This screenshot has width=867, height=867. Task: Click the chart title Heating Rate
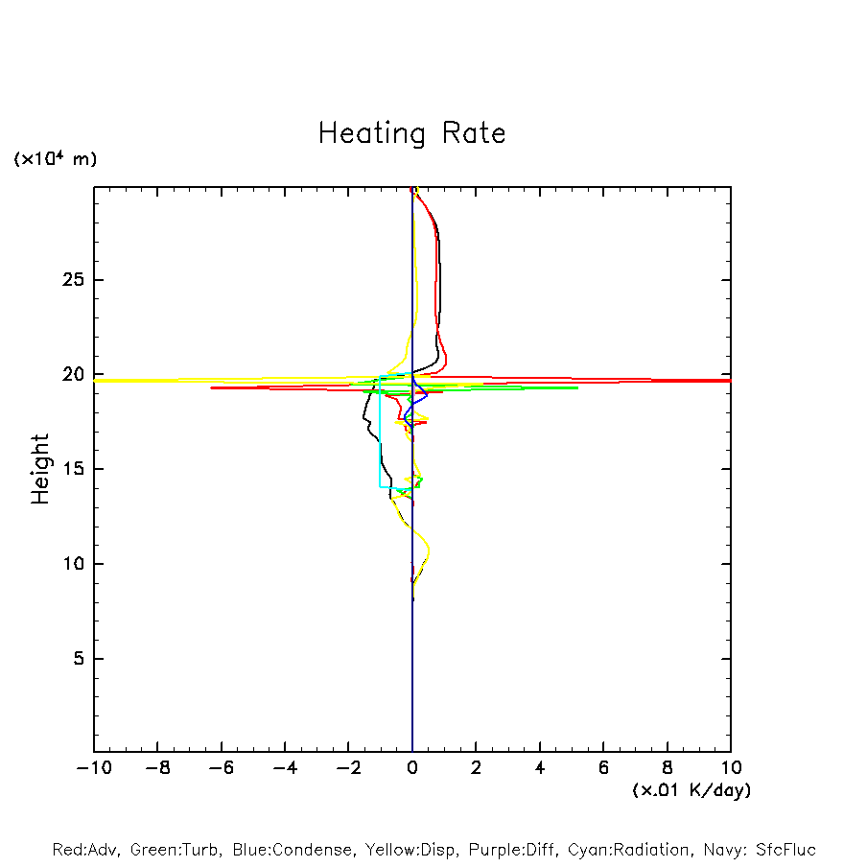point(411,133)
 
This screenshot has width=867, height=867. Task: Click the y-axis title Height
point(40,469)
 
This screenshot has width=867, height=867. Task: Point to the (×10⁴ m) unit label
point(55,159)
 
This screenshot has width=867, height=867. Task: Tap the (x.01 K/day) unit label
point(691,790)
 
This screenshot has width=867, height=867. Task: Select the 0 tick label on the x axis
point(412,768)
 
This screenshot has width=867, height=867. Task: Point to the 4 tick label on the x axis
point(540,768)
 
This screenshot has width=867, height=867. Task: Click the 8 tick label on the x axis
point(668,768)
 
